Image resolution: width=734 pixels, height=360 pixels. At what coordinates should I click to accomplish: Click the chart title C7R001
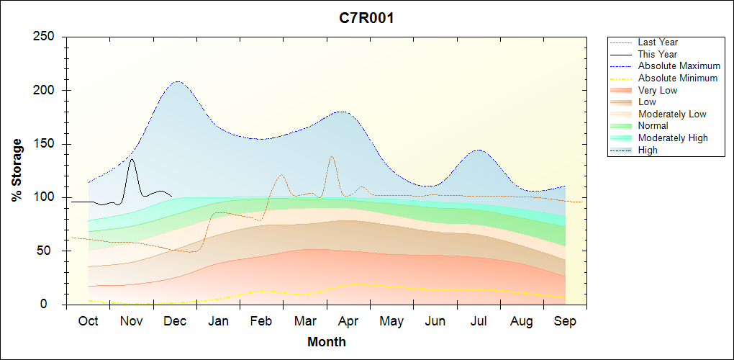click(x=366, y=19)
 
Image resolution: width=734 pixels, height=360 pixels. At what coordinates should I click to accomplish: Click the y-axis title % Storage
click(x=17, y=170)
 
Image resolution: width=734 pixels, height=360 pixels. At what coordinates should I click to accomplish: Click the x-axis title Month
click(x=326, y=342)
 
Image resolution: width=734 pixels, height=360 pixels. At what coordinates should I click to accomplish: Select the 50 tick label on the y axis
click(x=53, y=251)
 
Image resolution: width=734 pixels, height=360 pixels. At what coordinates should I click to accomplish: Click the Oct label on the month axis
click(x=88, y=321)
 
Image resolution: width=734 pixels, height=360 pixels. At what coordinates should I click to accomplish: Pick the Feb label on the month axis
click(x=261, y=321)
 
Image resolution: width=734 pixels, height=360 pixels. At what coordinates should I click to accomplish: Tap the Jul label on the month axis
click(x=479, y=321)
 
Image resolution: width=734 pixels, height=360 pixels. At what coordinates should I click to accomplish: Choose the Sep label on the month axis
click(x=565, y=321)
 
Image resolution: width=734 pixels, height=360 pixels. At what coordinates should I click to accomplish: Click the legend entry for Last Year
click(x=658, y=42)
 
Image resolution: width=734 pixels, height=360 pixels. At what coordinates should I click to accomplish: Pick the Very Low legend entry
click(x=657, y=90)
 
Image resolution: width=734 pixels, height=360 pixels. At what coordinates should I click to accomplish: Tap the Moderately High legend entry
click(x=673, y=138)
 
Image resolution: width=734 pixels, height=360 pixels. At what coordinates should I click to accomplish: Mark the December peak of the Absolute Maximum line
click(x=177, y=81)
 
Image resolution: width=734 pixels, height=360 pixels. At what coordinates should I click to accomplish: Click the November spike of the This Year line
click(x=132, y=160)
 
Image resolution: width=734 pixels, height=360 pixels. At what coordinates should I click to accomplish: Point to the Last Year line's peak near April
click(x=332, y=156)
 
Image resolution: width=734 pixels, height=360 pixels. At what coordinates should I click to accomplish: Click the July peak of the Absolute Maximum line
click(x=479, y=150)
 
